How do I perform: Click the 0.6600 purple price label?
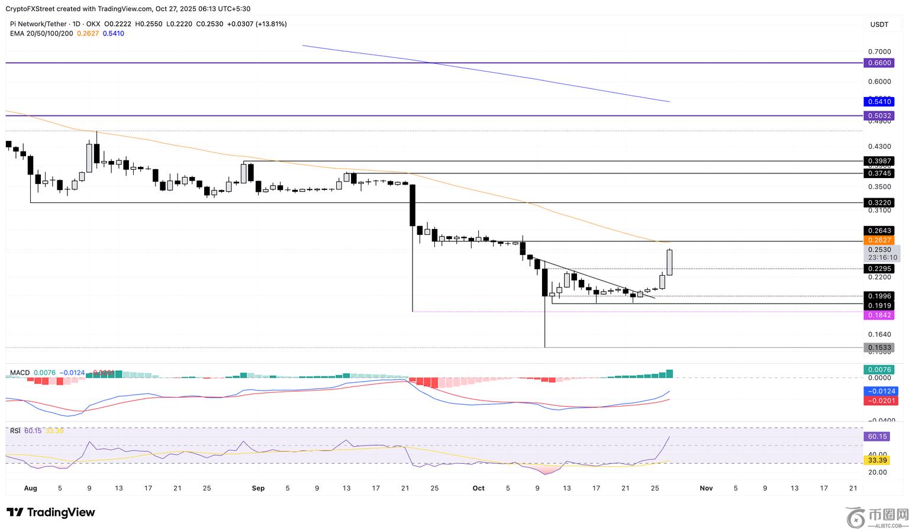[878, 63]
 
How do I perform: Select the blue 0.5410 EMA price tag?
[878, 102]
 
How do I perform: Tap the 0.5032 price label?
[878, 115]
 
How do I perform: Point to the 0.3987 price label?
[878, 161]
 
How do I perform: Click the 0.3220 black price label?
[878, 203]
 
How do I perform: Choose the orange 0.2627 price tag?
[878, 240]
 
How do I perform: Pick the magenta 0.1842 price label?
[878, 315]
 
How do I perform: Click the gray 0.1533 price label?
[878, 348]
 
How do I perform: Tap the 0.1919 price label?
[878, 305]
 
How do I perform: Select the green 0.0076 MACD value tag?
[878, 369]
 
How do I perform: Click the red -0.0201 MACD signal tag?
[881, 401]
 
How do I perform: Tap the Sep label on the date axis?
[258, 488]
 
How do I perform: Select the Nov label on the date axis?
[706, 488]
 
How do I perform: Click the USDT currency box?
[879, 24]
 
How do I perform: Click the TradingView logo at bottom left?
[51, 512]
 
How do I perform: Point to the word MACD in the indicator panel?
[20, 373]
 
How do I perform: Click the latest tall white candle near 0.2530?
[670, 262]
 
